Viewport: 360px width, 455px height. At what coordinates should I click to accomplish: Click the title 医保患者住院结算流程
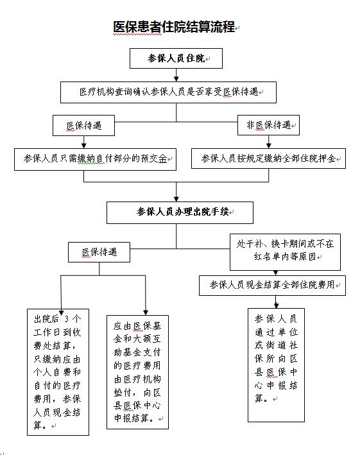(174, 27)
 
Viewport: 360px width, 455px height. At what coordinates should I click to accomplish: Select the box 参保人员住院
(176, 58)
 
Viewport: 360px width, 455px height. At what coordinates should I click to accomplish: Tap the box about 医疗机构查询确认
(168, 92)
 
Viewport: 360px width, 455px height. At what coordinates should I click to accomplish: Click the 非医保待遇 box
(268, 125)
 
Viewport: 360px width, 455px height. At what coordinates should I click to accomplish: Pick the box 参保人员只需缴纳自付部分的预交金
(95, 159)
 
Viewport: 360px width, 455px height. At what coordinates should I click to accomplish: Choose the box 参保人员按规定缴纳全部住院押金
(268, 159)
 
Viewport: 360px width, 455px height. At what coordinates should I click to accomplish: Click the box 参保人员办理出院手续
(180, 212)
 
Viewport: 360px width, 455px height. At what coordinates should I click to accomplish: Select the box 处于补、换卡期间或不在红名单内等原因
(285, 252)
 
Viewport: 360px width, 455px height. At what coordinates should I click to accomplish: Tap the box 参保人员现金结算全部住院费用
(272, 286)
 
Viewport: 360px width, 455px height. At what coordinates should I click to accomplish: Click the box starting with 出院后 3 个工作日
(58, 372)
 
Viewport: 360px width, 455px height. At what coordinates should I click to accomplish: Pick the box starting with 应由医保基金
(137, 372)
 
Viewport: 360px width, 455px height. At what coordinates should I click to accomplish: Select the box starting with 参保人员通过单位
(276, 365)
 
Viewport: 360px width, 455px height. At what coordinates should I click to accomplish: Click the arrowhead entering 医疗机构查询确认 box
(176, 79)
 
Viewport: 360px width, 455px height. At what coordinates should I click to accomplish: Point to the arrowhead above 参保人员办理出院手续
(176, 199)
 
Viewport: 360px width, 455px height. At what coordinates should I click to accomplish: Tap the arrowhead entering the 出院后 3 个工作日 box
(61, 313)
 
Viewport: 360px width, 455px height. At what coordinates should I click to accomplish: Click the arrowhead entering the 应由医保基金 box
(146, 313)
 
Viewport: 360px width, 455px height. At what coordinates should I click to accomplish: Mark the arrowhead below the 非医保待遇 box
(269, 146)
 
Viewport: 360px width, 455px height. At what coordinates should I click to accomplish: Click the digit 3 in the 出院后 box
(67, 319)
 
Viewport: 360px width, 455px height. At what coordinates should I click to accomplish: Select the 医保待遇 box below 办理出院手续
(99, 252)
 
